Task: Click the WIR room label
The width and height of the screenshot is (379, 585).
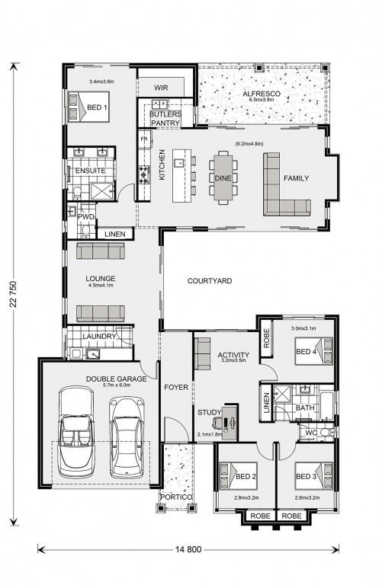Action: click(x=161, y=88)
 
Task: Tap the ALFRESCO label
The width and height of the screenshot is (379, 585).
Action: click(x=262, y=94)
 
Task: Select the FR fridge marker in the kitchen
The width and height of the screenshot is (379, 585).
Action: click(x=144, y=139)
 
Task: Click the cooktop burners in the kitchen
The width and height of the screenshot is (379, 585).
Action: click(x=144, y=174)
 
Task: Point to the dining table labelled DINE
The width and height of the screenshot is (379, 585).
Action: click(x=223, y=178)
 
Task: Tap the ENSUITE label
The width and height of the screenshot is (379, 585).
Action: click(x=90, y=171)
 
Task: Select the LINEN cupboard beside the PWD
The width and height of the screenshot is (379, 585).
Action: click(x=115, y=235)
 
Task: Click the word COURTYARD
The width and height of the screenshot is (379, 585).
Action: click(x=210, y=281)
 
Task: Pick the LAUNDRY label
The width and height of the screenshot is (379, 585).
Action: click(x=99, y=336)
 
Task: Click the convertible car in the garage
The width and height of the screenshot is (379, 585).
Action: click(x=76, y=432)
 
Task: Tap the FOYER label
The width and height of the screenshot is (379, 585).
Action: click(x=176, y=388)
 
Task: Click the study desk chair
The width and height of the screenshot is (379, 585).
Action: click(x=217, y=422)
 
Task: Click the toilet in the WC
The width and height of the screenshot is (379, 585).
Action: click(x=329, y=433)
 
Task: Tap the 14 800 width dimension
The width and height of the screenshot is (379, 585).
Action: click(x=188, y=549)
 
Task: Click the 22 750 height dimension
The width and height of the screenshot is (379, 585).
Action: click(x=14, y=294)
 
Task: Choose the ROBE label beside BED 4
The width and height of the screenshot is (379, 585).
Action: click(x=266, y=338)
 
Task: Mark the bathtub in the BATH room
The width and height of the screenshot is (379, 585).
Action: click(x=327, y=405)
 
